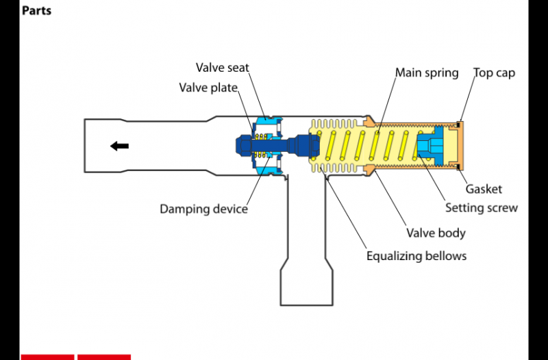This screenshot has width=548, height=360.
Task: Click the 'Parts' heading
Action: (36, 11)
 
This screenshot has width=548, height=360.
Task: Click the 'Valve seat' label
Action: (222, 68)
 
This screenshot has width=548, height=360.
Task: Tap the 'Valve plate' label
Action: (208, 88)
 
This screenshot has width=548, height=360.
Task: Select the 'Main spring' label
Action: (427, 73)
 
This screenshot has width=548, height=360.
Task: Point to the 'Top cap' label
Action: (494, 73)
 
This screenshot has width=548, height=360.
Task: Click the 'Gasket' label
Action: (484, 189)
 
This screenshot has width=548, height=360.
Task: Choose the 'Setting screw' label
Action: (481, 208)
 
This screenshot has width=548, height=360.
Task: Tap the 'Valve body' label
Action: (436, 233)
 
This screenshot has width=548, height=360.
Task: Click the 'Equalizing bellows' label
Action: (416, 256)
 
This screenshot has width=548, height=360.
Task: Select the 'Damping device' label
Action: (203, 209)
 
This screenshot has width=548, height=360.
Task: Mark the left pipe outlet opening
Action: (86, 146)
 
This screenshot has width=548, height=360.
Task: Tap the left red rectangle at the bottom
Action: (47, 357)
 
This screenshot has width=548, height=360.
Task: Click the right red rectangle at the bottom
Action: (103, 357)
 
